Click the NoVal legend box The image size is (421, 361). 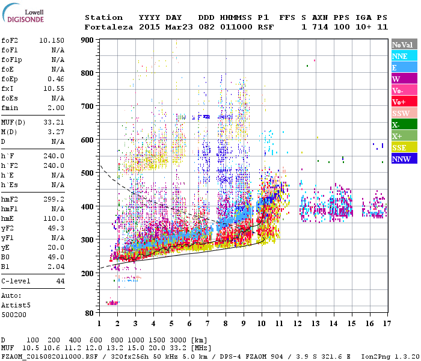[x=402, y=45]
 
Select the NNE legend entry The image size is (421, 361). [x=402, y=56]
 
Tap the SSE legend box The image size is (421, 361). [x=402, y=147]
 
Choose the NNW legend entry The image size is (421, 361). [x=402, y=159]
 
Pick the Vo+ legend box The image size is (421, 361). [x=402, y=102]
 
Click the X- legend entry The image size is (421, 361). [x=402, y=125]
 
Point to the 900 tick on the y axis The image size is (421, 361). [x=88, y=40]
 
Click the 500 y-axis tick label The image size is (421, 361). [x=88, y=173]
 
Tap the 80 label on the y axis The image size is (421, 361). [x=90, y=313]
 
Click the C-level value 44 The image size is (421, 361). [x=60, y=281]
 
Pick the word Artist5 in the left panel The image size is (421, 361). [x=16, y=305]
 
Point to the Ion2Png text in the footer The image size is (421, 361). [x=378, y=356]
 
